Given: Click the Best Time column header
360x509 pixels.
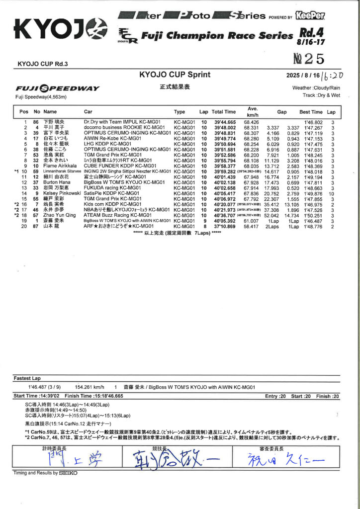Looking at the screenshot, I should coord(311,112).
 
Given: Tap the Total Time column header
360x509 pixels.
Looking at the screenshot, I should coord(224,112).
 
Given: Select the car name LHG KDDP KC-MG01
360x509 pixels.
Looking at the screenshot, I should coord(104,144).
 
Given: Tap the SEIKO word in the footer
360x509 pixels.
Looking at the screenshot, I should coord(68,473).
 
